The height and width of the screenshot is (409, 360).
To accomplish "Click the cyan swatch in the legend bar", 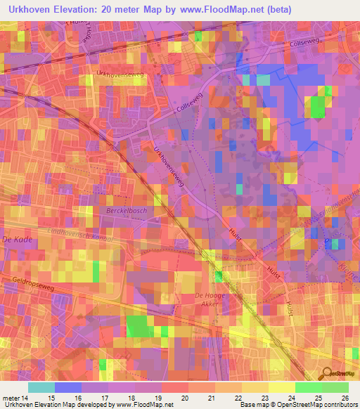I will pos(41,387).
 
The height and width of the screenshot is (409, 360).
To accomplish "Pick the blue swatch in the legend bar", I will pos(68,387).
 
